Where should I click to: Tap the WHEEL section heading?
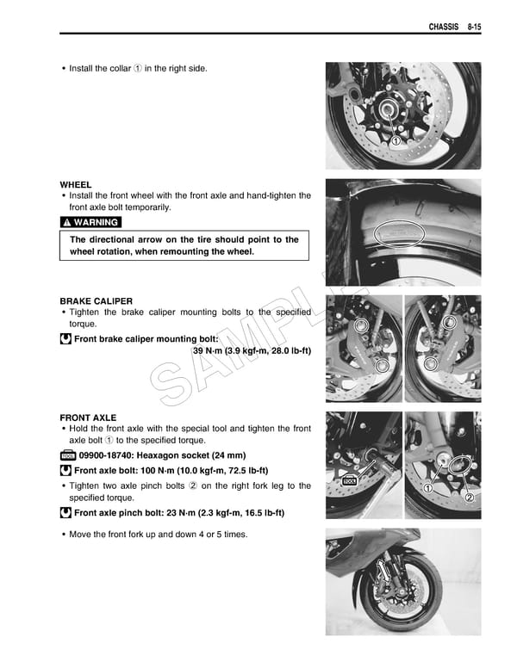76,185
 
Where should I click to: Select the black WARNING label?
90,222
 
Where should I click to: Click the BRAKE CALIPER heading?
96,301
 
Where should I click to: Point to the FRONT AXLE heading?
88,417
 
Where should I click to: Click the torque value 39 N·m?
210,351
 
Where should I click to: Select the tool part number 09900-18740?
110,455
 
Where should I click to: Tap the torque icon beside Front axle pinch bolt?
65,513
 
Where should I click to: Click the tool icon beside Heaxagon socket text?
67,455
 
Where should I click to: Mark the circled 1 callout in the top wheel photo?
396,141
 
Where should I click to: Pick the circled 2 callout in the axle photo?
470,498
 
